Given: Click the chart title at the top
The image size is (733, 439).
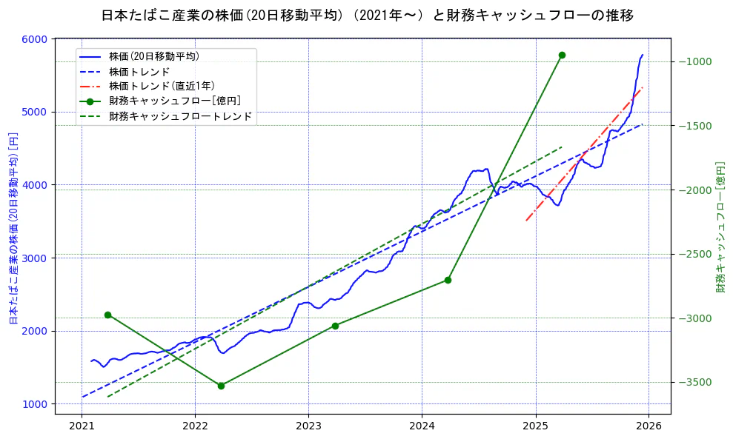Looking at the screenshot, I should click(x=367, y=15).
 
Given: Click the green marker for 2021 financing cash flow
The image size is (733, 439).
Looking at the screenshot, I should click(x=107, y=315).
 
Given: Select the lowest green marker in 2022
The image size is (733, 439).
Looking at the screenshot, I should click(x=221, y=386).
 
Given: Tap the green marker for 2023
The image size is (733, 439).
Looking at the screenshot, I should click(x=335, y=326).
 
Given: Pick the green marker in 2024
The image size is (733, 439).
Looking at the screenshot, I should click(x=448, y=280).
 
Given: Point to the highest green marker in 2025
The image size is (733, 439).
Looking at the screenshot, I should click(x=562, y=55).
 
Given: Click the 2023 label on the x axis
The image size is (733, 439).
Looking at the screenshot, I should click(x=308, y=426).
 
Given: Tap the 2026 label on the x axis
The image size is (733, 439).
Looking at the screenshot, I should click(x=649, y=426).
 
